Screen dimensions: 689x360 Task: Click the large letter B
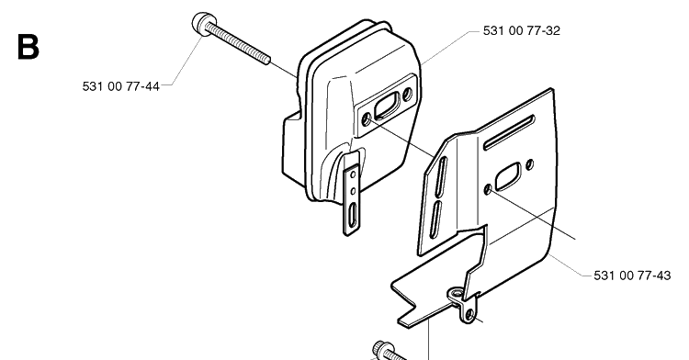click(x=28, y=47)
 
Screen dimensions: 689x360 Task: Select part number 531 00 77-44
click(x=121, y=86)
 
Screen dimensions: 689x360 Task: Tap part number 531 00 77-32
click(x=522, y=30)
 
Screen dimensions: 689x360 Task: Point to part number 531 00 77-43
click(x=632, y=276)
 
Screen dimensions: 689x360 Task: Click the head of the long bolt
click(x=203, y=24)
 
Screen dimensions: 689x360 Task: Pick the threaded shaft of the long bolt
click(x=237, y=44)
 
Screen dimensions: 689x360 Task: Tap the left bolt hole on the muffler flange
click(x=366, y=118)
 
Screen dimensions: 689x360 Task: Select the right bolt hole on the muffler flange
click(x=407, y=93)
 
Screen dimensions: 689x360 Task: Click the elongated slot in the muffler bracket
click(x=354, y=215)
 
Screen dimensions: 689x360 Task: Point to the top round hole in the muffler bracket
click(x=353, y=175)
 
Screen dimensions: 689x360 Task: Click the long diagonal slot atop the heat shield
click(x=509, y=132)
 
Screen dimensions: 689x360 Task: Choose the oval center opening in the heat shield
click(x=507, y=177)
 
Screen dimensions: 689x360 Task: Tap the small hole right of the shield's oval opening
click(x=529, y=164)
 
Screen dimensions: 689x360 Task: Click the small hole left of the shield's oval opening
click(x=488, y=190)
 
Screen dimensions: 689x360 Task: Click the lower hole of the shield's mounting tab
click(x=469, y=314)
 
